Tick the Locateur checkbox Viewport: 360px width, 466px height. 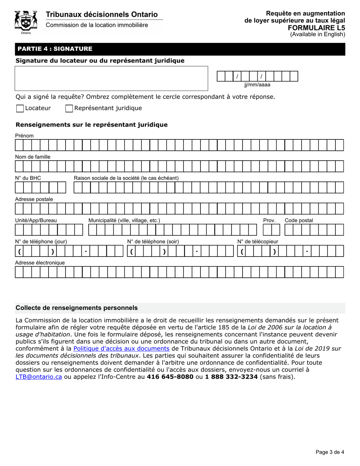(20, 109)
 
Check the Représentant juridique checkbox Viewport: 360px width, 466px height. (69, 109)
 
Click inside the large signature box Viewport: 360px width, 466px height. (111, 78)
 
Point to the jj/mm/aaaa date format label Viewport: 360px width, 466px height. (257, 85)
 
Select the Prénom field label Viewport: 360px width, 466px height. (24, 136)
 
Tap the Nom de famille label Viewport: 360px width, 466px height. (33, 157)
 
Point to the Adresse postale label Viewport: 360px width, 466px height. (34, 199)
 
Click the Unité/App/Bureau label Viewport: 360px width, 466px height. (36, 220)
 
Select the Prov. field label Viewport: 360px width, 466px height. (269, 220)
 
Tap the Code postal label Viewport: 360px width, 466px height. (299, 220)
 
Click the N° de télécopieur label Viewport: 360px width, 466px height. (258, 242)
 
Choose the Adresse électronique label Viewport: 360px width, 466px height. (40, 263)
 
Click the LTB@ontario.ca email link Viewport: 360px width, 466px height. (39, 377)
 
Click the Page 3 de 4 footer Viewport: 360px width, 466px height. (330, 452)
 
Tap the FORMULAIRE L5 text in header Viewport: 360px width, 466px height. (316, 28)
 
